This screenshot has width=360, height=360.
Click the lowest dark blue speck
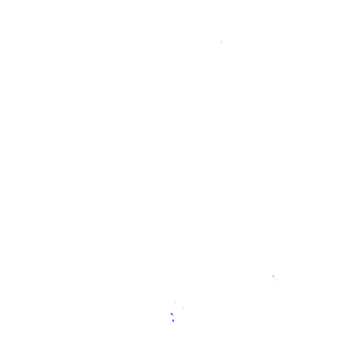173,321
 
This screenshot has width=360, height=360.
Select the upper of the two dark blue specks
172,314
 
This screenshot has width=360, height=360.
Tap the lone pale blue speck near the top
221,43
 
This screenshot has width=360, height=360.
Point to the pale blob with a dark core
273,277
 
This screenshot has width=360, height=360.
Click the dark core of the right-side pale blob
273,277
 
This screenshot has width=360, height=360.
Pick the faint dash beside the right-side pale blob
277,280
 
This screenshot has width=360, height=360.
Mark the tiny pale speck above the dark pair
175,302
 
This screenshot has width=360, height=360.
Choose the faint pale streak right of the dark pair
183,308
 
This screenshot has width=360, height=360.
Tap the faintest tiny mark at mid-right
270,177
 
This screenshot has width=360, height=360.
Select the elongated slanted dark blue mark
172,314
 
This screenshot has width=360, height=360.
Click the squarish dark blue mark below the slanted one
173,321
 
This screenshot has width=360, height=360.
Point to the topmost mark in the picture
221,43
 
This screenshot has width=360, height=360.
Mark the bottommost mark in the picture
173,321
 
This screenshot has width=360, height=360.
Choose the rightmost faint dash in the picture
277,280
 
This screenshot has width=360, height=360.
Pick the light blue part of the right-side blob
272,276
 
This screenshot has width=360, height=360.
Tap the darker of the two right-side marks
273,277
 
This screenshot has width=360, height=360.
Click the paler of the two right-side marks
277,280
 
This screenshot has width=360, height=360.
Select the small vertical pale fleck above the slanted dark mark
175,302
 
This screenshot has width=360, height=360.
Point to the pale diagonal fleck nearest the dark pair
183,308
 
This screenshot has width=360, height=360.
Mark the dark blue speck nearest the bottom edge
173,321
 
